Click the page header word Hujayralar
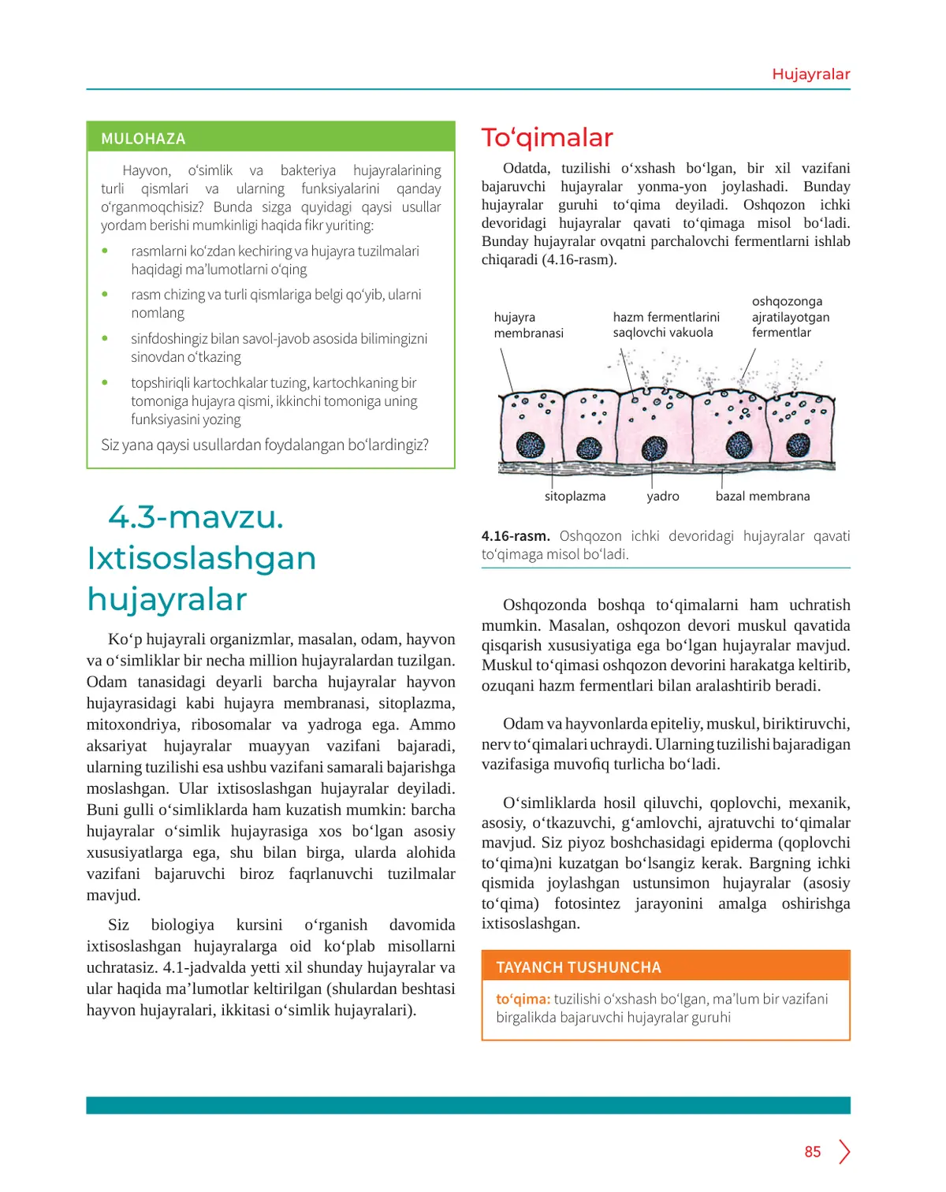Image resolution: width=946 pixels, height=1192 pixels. click(810, 74)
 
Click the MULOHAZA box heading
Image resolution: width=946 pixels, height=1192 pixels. click(143, 139)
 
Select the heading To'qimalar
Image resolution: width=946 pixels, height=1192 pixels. click(547, 138)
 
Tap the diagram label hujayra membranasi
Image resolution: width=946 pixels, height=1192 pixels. click(528, 325)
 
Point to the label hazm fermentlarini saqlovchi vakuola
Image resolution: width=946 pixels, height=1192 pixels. click(666, 325)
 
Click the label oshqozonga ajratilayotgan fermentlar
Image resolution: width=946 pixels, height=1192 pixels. click(790, 317)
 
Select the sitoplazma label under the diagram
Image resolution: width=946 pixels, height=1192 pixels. click(575, 496)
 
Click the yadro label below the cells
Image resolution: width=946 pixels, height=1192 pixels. click(662, 496)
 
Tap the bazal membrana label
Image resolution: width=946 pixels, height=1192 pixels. click(762, 496)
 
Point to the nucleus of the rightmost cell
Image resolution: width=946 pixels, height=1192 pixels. click(799, 445)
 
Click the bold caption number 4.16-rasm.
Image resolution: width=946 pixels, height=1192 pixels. click(516, 536)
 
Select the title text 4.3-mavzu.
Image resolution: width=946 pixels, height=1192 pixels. click(196, 517)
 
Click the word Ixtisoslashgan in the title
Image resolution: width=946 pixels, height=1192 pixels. click(202, 558)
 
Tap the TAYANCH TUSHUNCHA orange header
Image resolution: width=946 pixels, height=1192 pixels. click(579, 967)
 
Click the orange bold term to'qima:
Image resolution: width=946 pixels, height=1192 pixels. click(523, 999)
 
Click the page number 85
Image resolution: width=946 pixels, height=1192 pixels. click(813, 1152)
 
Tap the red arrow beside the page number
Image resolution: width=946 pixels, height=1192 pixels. click(844, 1152)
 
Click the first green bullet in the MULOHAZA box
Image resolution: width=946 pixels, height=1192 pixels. click(105, 251)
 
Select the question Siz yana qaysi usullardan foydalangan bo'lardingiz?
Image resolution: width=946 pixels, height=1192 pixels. click(265, 445)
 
